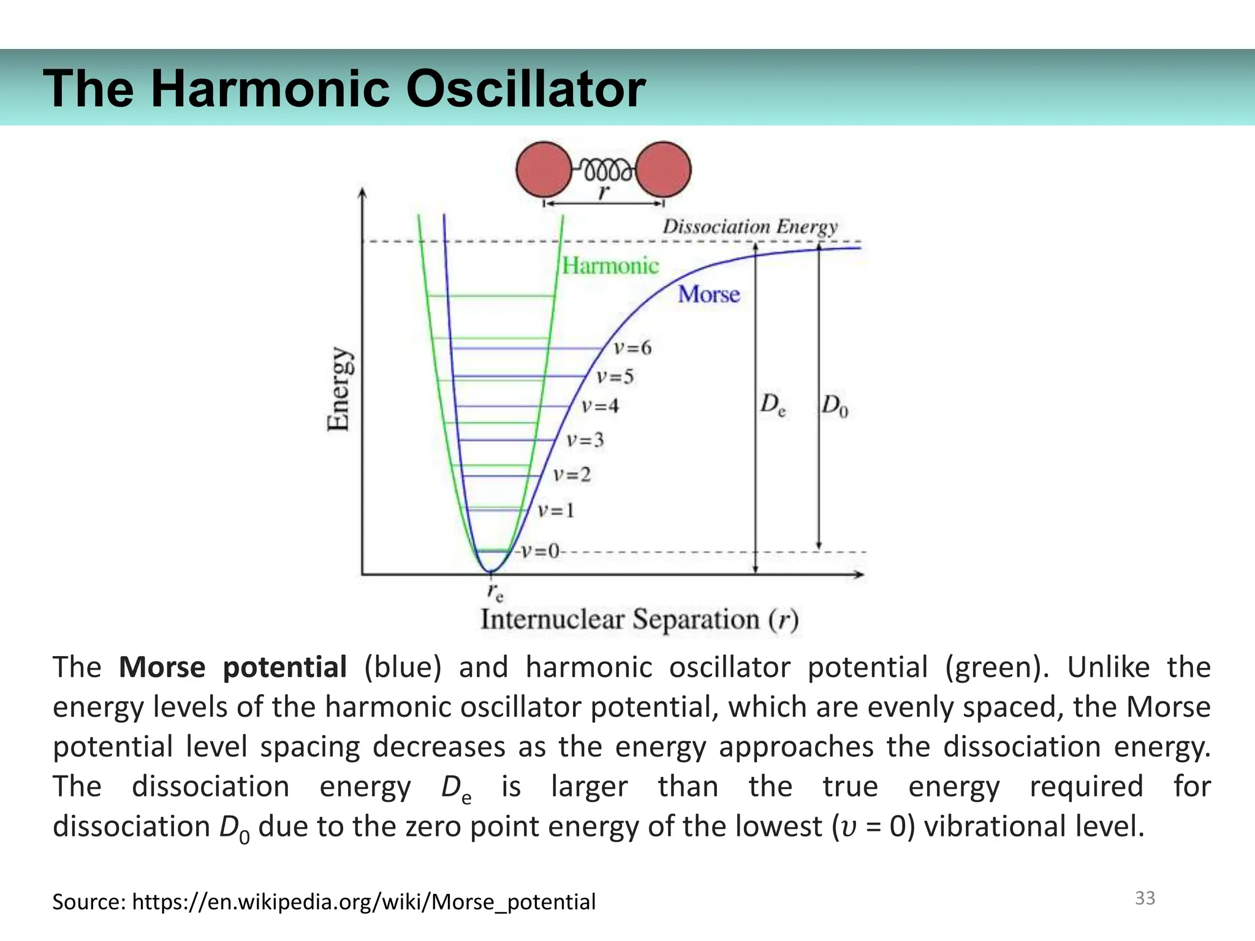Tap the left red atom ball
[544, 170]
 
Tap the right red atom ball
[664, 170]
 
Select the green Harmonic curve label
[610, 266]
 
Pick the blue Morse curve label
[709, 295]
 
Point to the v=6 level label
[633, 349]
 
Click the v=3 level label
[585, 440]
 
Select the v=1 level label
[556, 510]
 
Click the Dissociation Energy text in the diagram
[750, 227]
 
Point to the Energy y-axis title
[339, 390]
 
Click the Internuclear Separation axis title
[639, 619]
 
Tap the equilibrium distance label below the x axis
[495, 592]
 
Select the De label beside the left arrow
[773, 405]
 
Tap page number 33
[1145, 898]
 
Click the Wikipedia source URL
[363, 902]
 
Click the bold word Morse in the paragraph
[162, 667]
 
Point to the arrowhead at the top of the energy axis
[363, 192]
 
